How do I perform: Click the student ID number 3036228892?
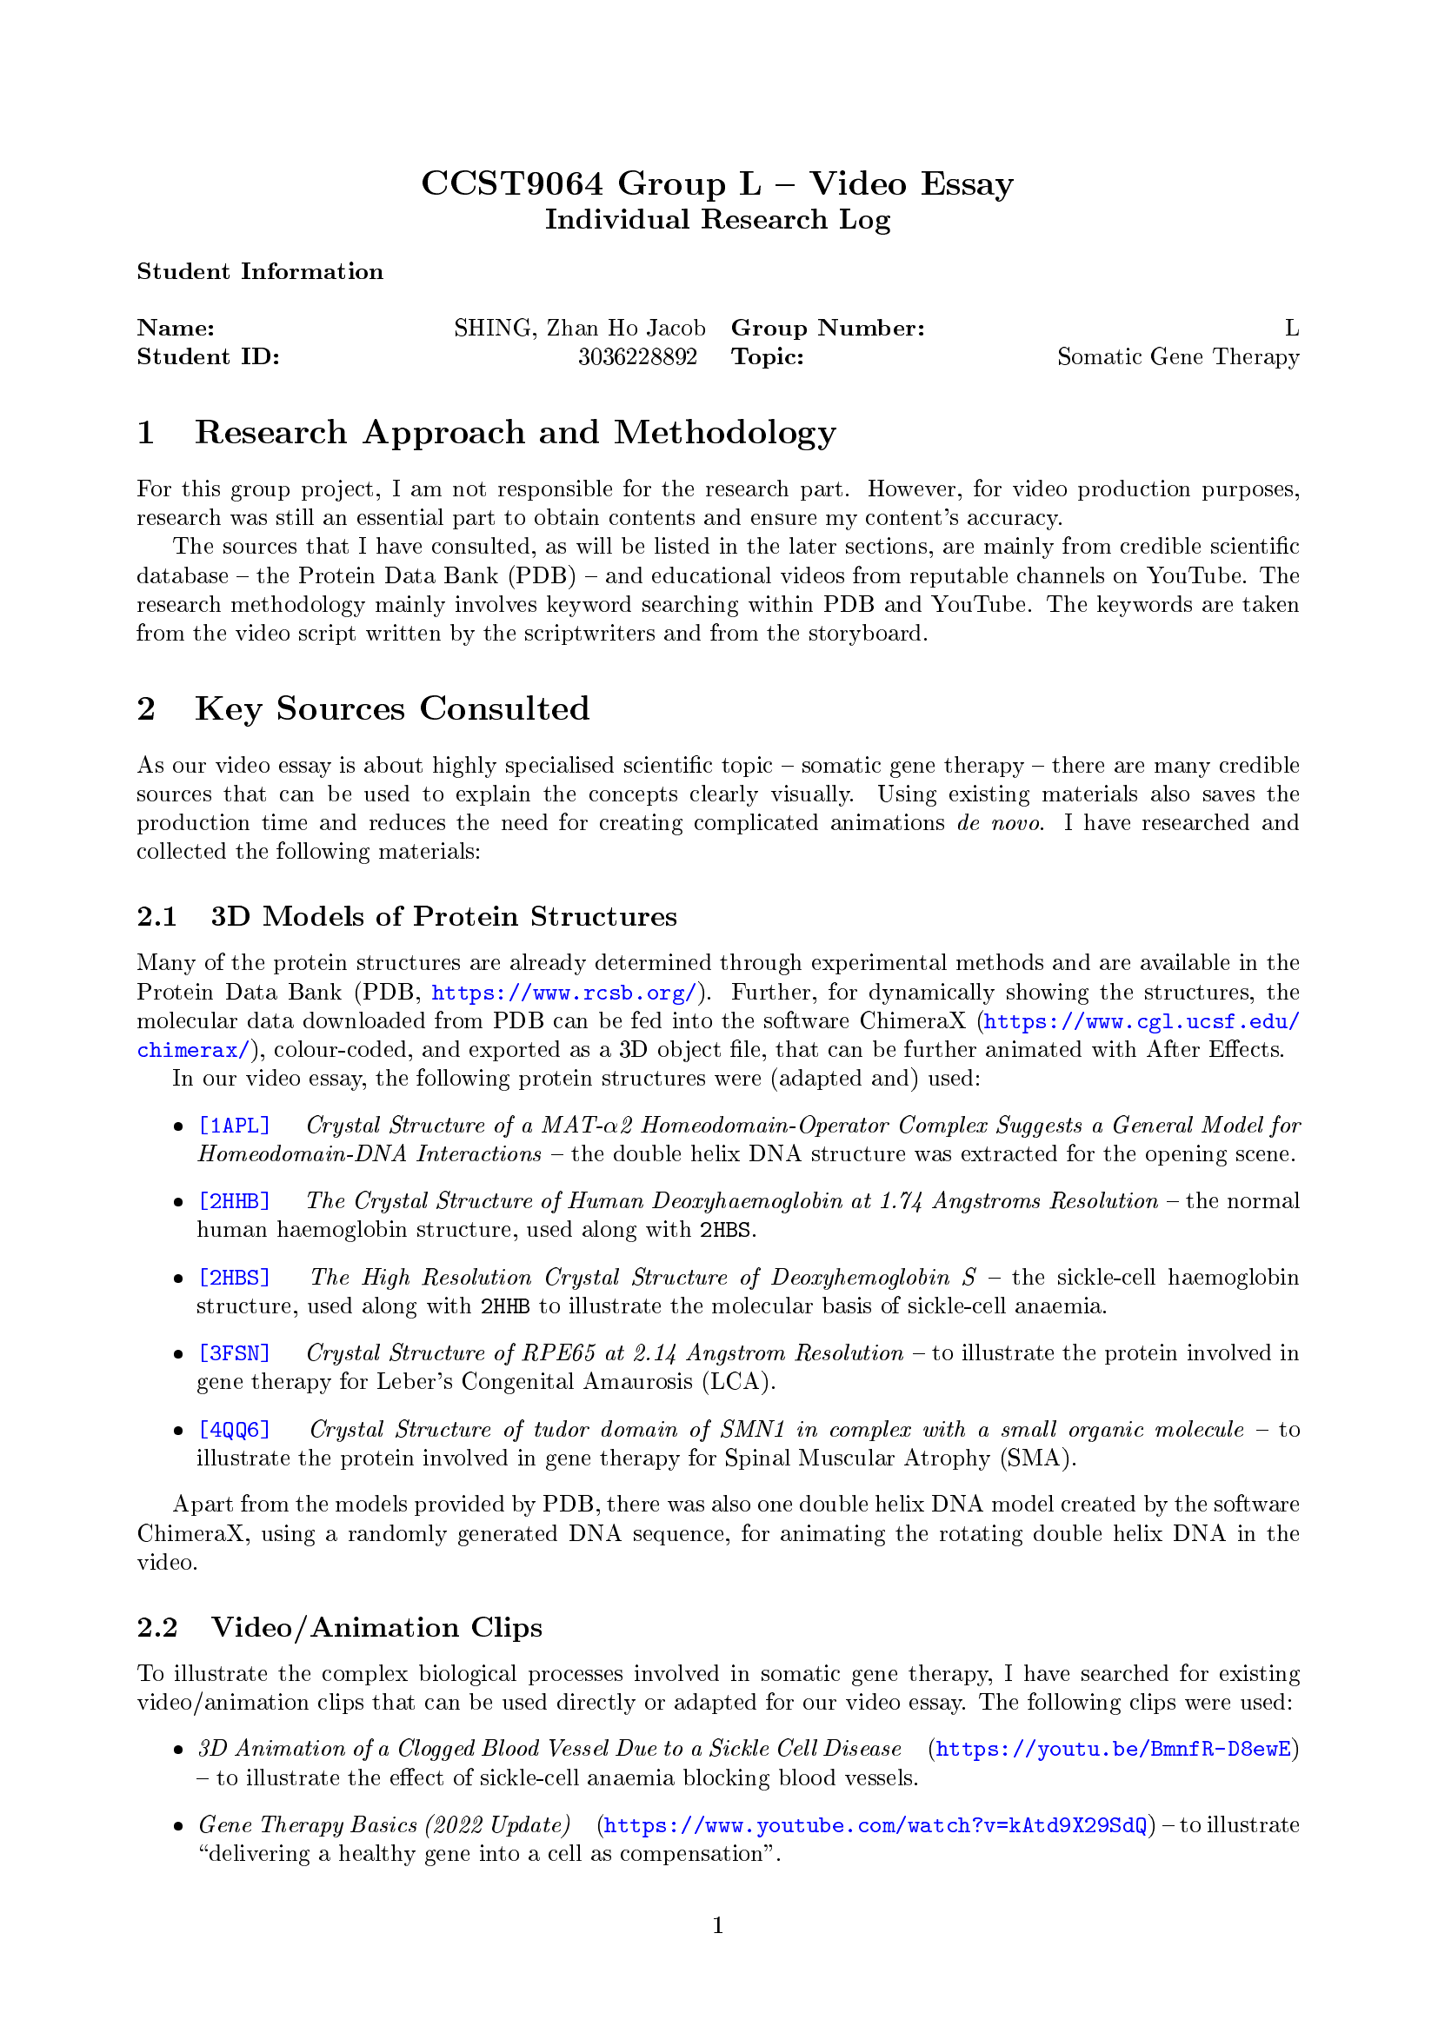click(x=636, y=357)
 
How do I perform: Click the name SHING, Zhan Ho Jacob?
click(x=579, y=329)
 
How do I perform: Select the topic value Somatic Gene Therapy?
click(x=1178, y=357)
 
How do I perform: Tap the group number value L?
click(x=1292, y=329)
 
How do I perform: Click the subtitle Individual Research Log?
click(x=717, y=220)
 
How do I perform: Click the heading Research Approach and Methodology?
click(x=515, y=432)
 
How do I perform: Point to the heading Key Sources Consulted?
click(x=391, y=708)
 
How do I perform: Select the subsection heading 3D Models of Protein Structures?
click(x=443, y=916)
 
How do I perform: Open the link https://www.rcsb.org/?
click(x=564, y=993)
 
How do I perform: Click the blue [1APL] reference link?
click(x=234, y=1126)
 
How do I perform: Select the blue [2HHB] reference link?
click(x=234, y=1201)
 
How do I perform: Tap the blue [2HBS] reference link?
click(x=234, y=1278)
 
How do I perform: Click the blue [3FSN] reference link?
click(x=234, y=1354)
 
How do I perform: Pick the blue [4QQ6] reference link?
click(x=234, y=1430)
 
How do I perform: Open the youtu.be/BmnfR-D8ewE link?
click(x=1112, y=1749)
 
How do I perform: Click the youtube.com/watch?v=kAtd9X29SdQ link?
click(x=875, y=1825)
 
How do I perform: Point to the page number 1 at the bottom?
click(x=718, y=1925)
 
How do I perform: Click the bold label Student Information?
click(x=259, y=272)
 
